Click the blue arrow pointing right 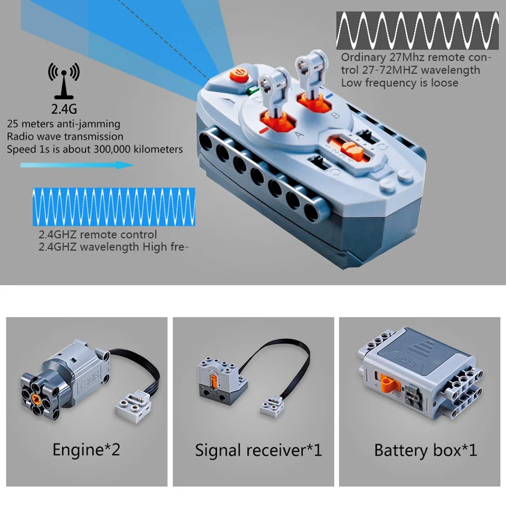point(77,165)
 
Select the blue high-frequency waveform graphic point(114,206)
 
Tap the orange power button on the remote point(239,75)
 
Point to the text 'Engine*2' point(86,450)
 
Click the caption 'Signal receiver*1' point(258,450)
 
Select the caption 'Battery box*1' point(425,450)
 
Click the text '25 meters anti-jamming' point(63,124)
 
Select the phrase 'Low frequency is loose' point(400,82)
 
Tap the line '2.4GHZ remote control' point(97,235)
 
